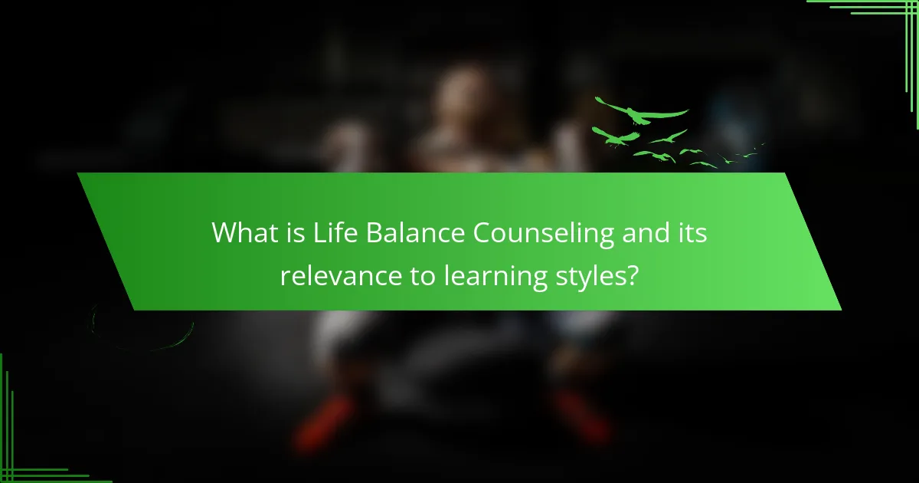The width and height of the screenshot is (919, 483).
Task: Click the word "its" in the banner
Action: (x=691, y=232)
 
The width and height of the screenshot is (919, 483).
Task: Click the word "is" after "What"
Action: (x=292, y=232)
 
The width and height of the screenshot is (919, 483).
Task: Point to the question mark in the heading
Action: (x=632, y=275)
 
